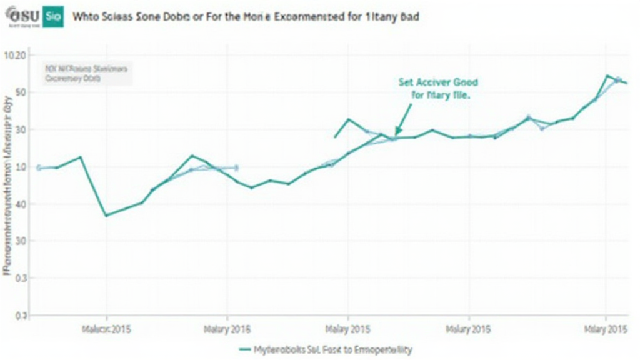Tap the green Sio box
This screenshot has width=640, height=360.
tap(54, 17)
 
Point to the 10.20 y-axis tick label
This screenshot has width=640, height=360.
tap(15, 56)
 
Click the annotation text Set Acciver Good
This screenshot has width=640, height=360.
tap(438, 82)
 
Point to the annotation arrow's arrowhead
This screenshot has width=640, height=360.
tap(396, 134)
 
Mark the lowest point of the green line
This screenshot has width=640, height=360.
tap(106, 216)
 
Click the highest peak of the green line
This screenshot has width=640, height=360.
tap(607, 76)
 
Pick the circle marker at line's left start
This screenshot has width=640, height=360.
tap(39, 167)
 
